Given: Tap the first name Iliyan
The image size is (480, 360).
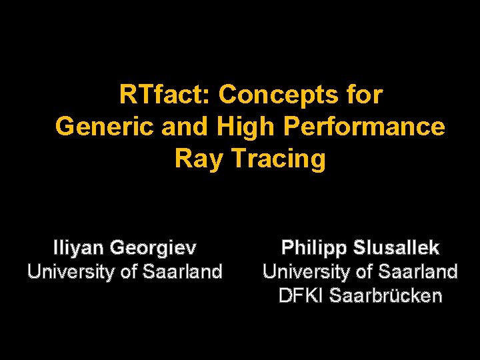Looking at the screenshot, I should click(x=78, y=249).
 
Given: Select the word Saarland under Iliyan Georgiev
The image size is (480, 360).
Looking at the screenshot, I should click(x=183, y=272).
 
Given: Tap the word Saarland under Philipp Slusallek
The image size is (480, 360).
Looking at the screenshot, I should click(x=419, y=272).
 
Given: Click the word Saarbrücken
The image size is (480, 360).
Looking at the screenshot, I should click(x=384, y=295).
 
